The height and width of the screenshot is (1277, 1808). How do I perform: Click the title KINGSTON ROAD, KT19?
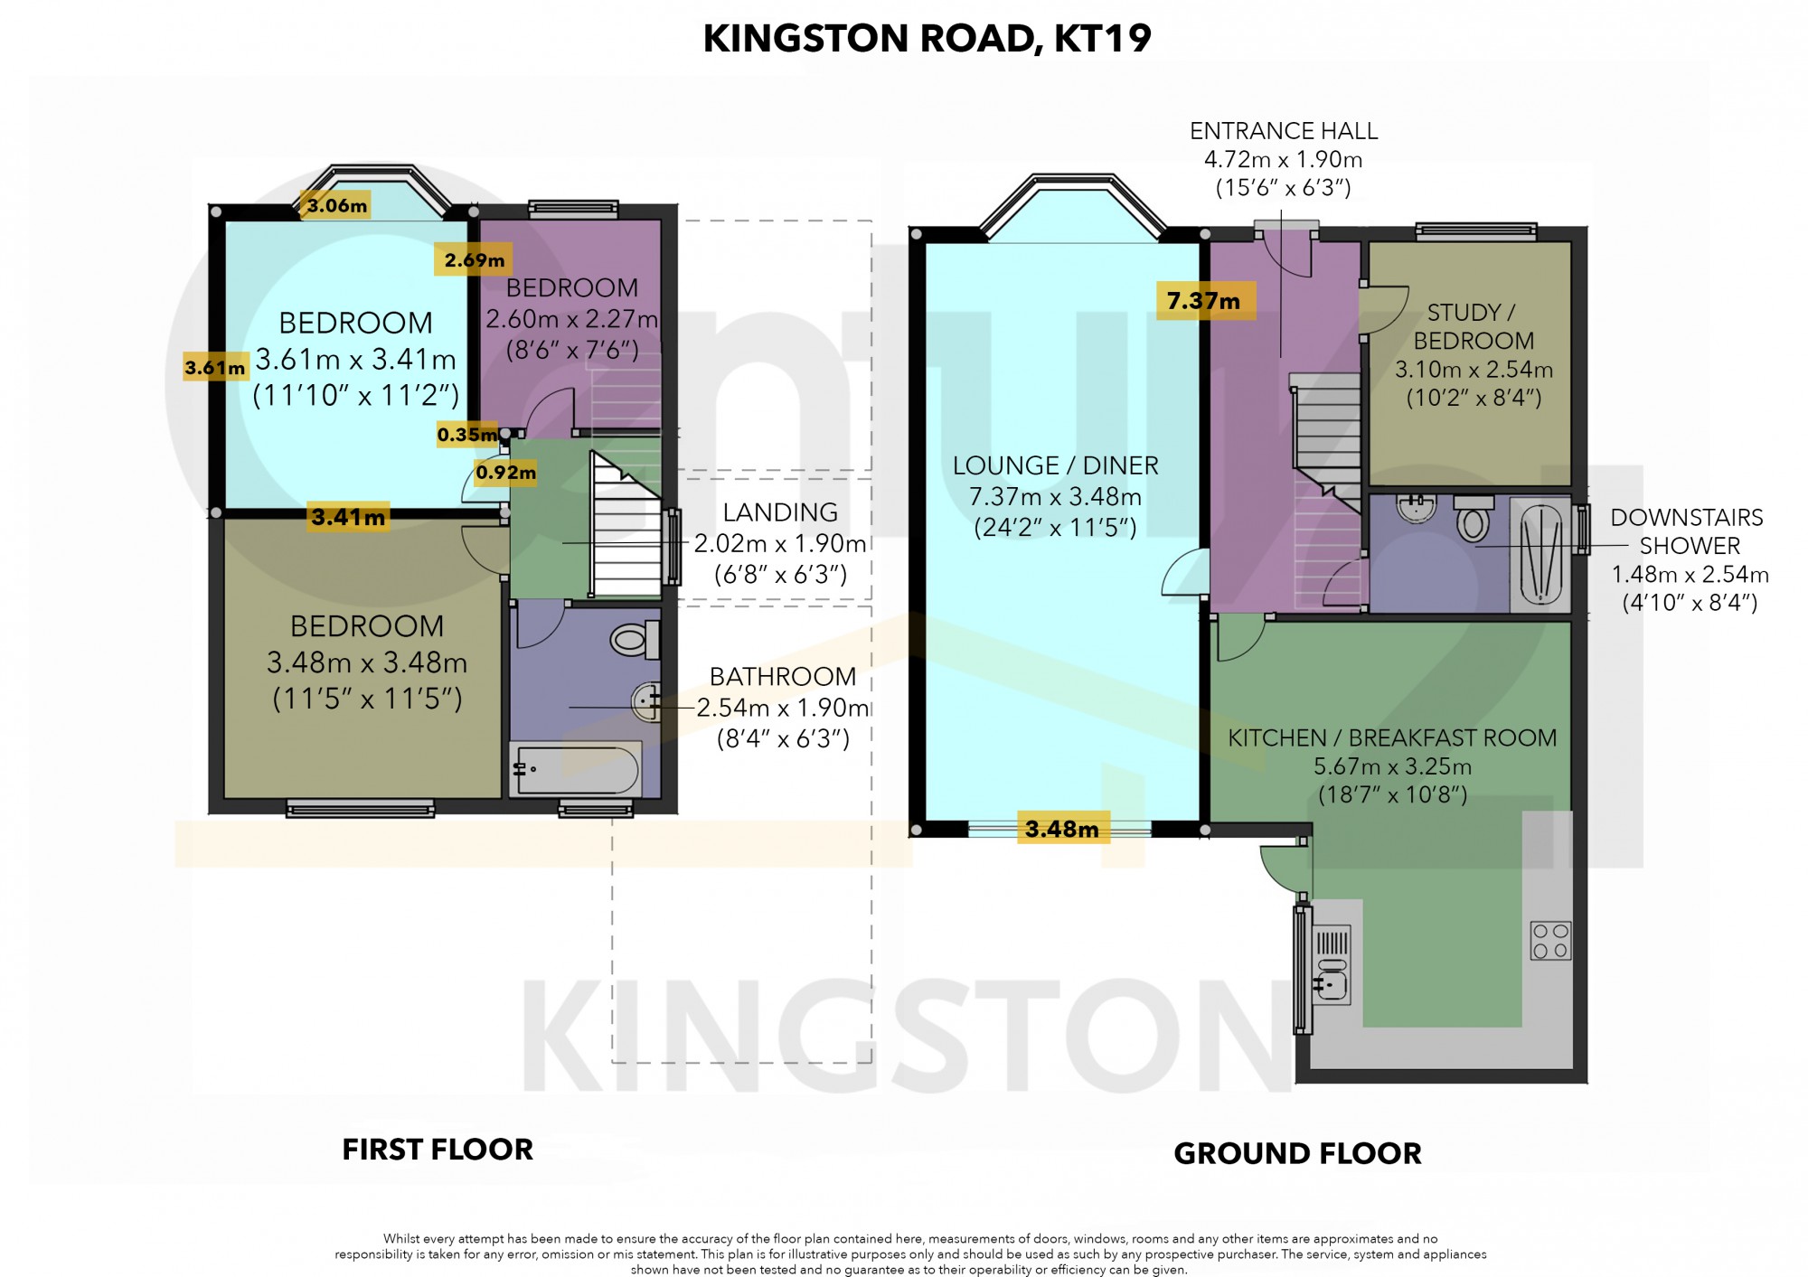click(927, 38)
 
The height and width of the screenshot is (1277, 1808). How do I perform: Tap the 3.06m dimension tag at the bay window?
click(336, 205)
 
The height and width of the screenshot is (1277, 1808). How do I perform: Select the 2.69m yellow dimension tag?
click(475, 260)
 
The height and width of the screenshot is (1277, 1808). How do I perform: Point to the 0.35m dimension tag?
click(466, 435)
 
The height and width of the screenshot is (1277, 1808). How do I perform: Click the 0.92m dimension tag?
click(506, 472)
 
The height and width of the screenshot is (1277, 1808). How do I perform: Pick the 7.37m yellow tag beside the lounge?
click(1205, 301)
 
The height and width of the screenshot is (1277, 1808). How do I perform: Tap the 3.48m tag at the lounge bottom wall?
click(1061, 829)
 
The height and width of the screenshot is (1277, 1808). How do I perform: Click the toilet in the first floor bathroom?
click(635, 640)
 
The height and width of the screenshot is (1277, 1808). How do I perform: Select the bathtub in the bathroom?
click(576, 769)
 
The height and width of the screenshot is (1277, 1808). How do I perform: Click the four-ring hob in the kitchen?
click(1550, 940)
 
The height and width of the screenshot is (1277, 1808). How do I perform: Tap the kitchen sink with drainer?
click(1332, 963)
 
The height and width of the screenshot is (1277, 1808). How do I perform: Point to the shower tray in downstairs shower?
click(1540, 553)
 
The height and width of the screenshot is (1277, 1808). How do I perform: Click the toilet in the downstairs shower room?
click(1474, 518)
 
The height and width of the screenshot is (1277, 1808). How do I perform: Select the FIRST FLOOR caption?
click(438, 1150)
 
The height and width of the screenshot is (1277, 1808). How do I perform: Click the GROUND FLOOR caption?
click(1297, 1153)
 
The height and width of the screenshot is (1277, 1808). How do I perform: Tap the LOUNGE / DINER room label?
click(1055, 465)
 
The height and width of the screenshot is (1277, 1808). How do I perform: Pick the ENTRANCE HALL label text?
click(1284, 131)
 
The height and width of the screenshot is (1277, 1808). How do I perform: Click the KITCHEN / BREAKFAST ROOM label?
click(1392, 737)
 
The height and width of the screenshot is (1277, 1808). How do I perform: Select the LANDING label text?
click(780, 512)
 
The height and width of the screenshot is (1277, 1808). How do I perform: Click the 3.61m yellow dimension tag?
click(215, 368)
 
